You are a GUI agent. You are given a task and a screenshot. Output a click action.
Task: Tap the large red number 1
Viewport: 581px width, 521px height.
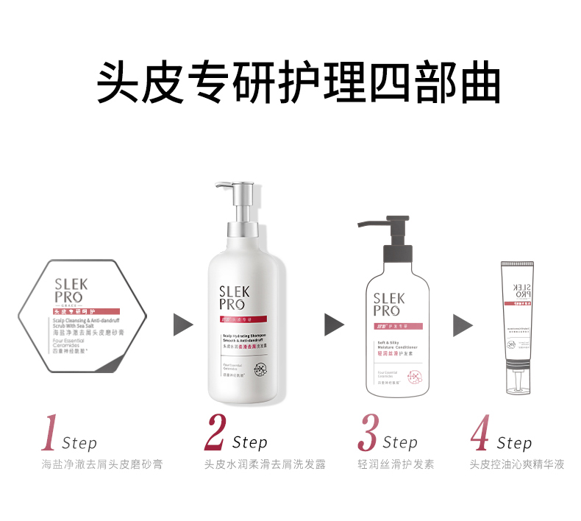pos(50,433)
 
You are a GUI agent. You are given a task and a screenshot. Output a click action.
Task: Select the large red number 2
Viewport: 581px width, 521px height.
pos(214,433)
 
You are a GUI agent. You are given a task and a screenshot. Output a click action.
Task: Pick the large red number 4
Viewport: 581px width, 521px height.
pos(480,433)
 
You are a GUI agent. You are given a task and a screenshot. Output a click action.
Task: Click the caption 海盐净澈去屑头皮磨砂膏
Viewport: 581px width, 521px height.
pos(102,464)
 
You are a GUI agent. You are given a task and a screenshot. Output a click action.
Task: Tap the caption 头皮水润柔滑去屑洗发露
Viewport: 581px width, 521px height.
pos(265,464)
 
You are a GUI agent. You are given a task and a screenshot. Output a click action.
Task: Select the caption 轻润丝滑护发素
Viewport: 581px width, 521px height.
pos(396,464)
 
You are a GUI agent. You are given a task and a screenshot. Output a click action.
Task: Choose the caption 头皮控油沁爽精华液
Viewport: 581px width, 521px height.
pos(517,464)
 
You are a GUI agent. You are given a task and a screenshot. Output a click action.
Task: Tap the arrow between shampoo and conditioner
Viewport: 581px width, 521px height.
pos(335,325)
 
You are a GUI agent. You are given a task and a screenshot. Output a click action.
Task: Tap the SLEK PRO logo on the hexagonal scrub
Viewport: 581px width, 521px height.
pos(71,292)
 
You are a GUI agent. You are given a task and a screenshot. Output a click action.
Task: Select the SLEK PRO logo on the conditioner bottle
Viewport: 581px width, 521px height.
pos(388,305)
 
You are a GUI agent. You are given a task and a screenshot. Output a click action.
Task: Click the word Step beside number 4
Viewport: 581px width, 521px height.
pos(514,443)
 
